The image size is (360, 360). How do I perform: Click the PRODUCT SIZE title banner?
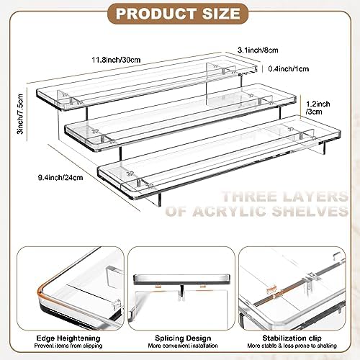tap(178, 14)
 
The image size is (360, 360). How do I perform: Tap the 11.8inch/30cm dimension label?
tap(116, 60)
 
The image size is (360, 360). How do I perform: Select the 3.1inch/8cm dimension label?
tap(258, 50)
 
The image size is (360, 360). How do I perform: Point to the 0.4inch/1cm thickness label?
tap(289, 69)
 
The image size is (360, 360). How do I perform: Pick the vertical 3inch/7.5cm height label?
tap(20, 114)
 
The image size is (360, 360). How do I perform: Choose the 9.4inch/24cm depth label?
tap(60, 178)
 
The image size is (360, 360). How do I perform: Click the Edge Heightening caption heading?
tap(68, 338)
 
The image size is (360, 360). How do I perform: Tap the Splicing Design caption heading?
tap(183, 338)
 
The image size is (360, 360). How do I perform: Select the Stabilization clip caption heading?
tap(292, 338)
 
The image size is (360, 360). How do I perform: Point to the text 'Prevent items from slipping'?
tap(68, 346)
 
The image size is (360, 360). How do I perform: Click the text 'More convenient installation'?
tap(183, 346)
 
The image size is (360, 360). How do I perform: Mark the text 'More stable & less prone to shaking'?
tap(292, 346)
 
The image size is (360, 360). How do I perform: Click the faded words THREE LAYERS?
tap(285, 197)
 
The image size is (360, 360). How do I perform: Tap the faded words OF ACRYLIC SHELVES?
tap(257, 211)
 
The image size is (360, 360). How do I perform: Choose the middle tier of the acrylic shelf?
tap(181, 117)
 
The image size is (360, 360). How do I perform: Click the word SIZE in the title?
tap(221, 14)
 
